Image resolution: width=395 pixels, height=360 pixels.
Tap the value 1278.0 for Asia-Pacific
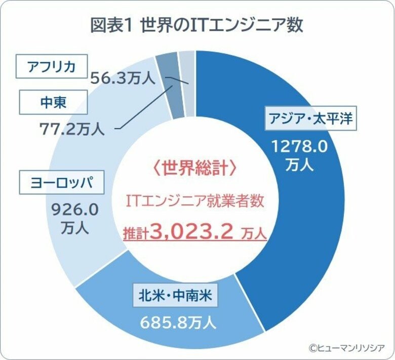tap(300, 147)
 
